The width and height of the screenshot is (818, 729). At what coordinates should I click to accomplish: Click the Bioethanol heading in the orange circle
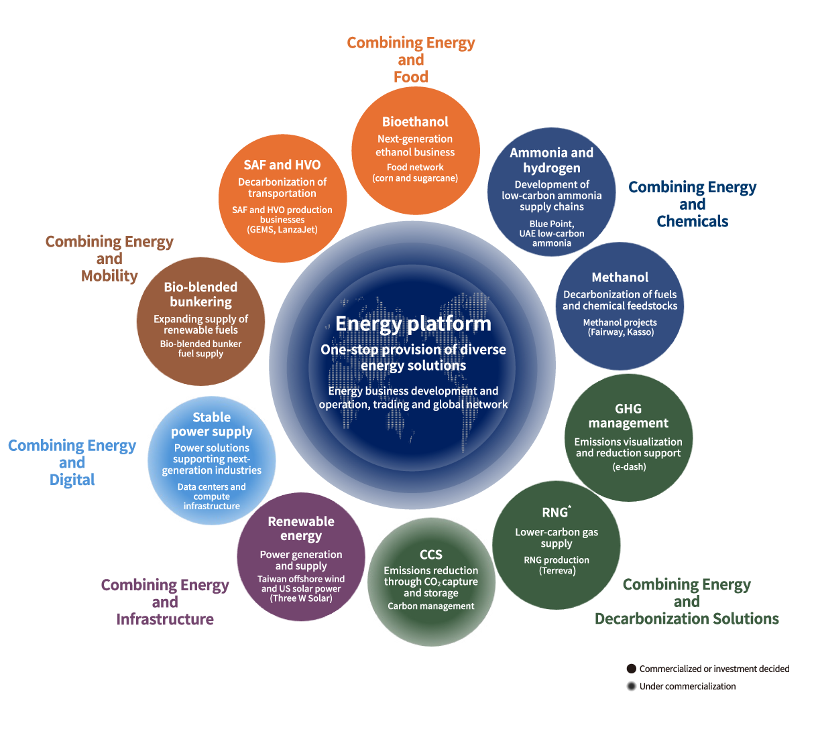(x=415, y=121)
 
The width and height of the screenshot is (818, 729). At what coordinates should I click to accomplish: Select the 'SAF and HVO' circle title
(x=282, y=165)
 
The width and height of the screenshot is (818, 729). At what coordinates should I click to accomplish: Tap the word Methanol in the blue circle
(x=620, y=277)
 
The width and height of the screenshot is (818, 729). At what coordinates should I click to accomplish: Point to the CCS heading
(x=431, y=555)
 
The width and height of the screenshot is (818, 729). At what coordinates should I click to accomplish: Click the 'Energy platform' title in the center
(x=414, y=324)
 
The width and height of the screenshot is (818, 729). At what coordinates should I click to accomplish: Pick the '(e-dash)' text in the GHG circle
(x=629, y=467)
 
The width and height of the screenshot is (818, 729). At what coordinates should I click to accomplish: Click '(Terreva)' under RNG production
(x=557, y=570)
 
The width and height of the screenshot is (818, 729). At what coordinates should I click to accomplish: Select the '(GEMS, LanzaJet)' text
(x=282, y=230)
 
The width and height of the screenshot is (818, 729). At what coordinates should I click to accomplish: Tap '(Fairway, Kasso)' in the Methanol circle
(x=621, y=332)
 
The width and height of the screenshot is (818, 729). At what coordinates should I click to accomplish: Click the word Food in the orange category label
(x=411, y=77)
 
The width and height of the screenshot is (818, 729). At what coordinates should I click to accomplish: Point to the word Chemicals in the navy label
(x=693, y=222)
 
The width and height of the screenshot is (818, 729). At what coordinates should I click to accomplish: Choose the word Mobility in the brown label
(x=109, y=276)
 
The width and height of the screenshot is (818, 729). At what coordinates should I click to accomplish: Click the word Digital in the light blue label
(x=72, y=480)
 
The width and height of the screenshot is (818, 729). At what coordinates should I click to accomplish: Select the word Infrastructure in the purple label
(x=165, y=619)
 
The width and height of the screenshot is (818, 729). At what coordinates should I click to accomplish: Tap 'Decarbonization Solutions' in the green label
(x=687, y=619)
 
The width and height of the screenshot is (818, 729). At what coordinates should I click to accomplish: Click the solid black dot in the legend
(x=632, y=669)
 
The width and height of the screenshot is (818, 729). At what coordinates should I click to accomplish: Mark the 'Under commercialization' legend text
(x=687, y=686)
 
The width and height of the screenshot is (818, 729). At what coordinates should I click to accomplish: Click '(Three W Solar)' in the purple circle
(x=301, y=598)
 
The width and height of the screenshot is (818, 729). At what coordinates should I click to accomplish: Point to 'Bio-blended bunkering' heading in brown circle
(x=200, y=295)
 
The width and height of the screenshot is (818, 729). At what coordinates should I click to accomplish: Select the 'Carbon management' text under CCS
(x=431, y=606)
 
